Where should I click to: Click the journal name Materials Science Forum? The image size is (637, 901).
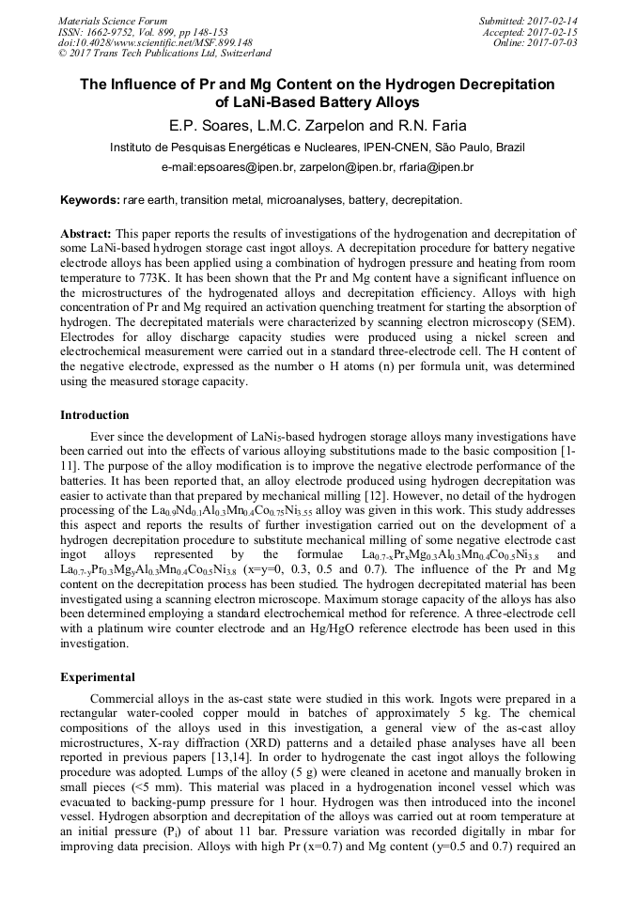113,20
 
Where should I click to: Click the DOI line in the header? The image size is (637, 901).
155,42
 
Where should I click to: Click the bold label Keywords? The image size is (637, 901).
90,201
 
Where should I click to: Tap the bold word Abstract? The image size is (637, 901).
85,233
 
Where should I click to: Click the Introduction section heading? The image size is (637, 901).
95,415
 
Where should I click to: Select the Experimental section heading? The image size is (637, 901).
98,676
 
